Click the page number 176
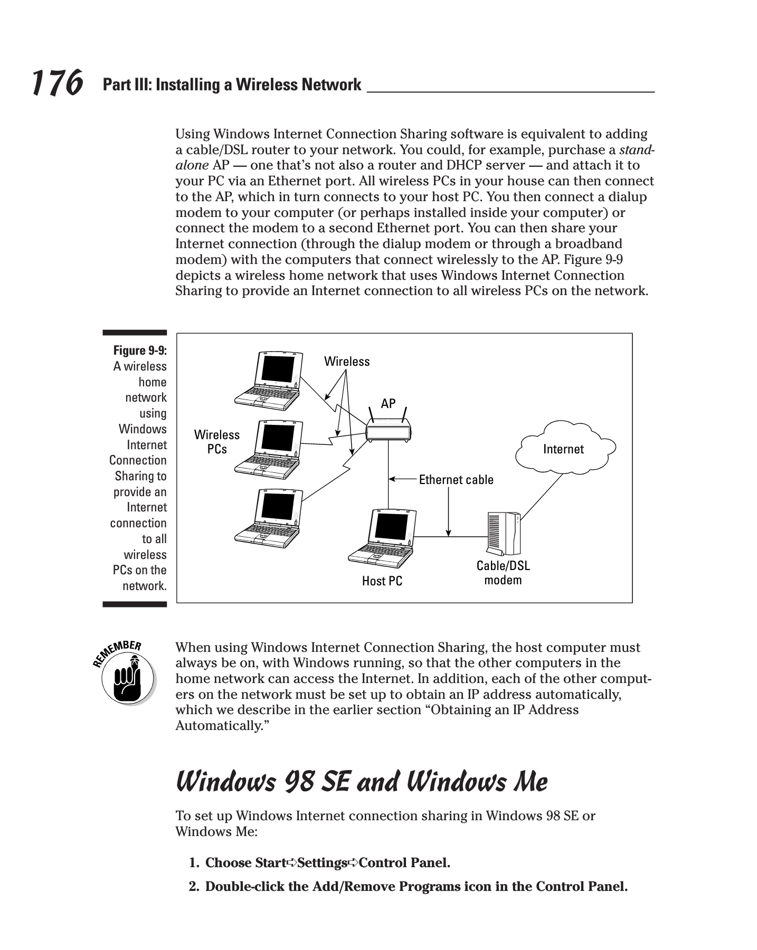(57, 84)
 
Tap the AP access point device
(388, 430)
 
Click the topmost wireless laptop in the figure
(269, 379)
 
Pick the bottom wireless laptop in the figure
(269, 517)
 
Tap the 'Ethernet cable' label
(456, 480)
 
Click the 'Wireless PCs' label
(217, 442)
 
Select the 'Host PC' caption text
(382, 581)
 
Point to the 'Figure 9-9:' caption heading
(140, 350)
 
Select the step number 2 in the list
(194, 886)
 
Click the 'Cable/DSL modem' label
(503, 573)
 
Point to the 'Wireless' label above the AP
(347, 362)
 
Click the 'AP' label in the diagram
(388, 404)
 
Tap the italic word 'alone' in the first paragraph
(192, 165)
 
